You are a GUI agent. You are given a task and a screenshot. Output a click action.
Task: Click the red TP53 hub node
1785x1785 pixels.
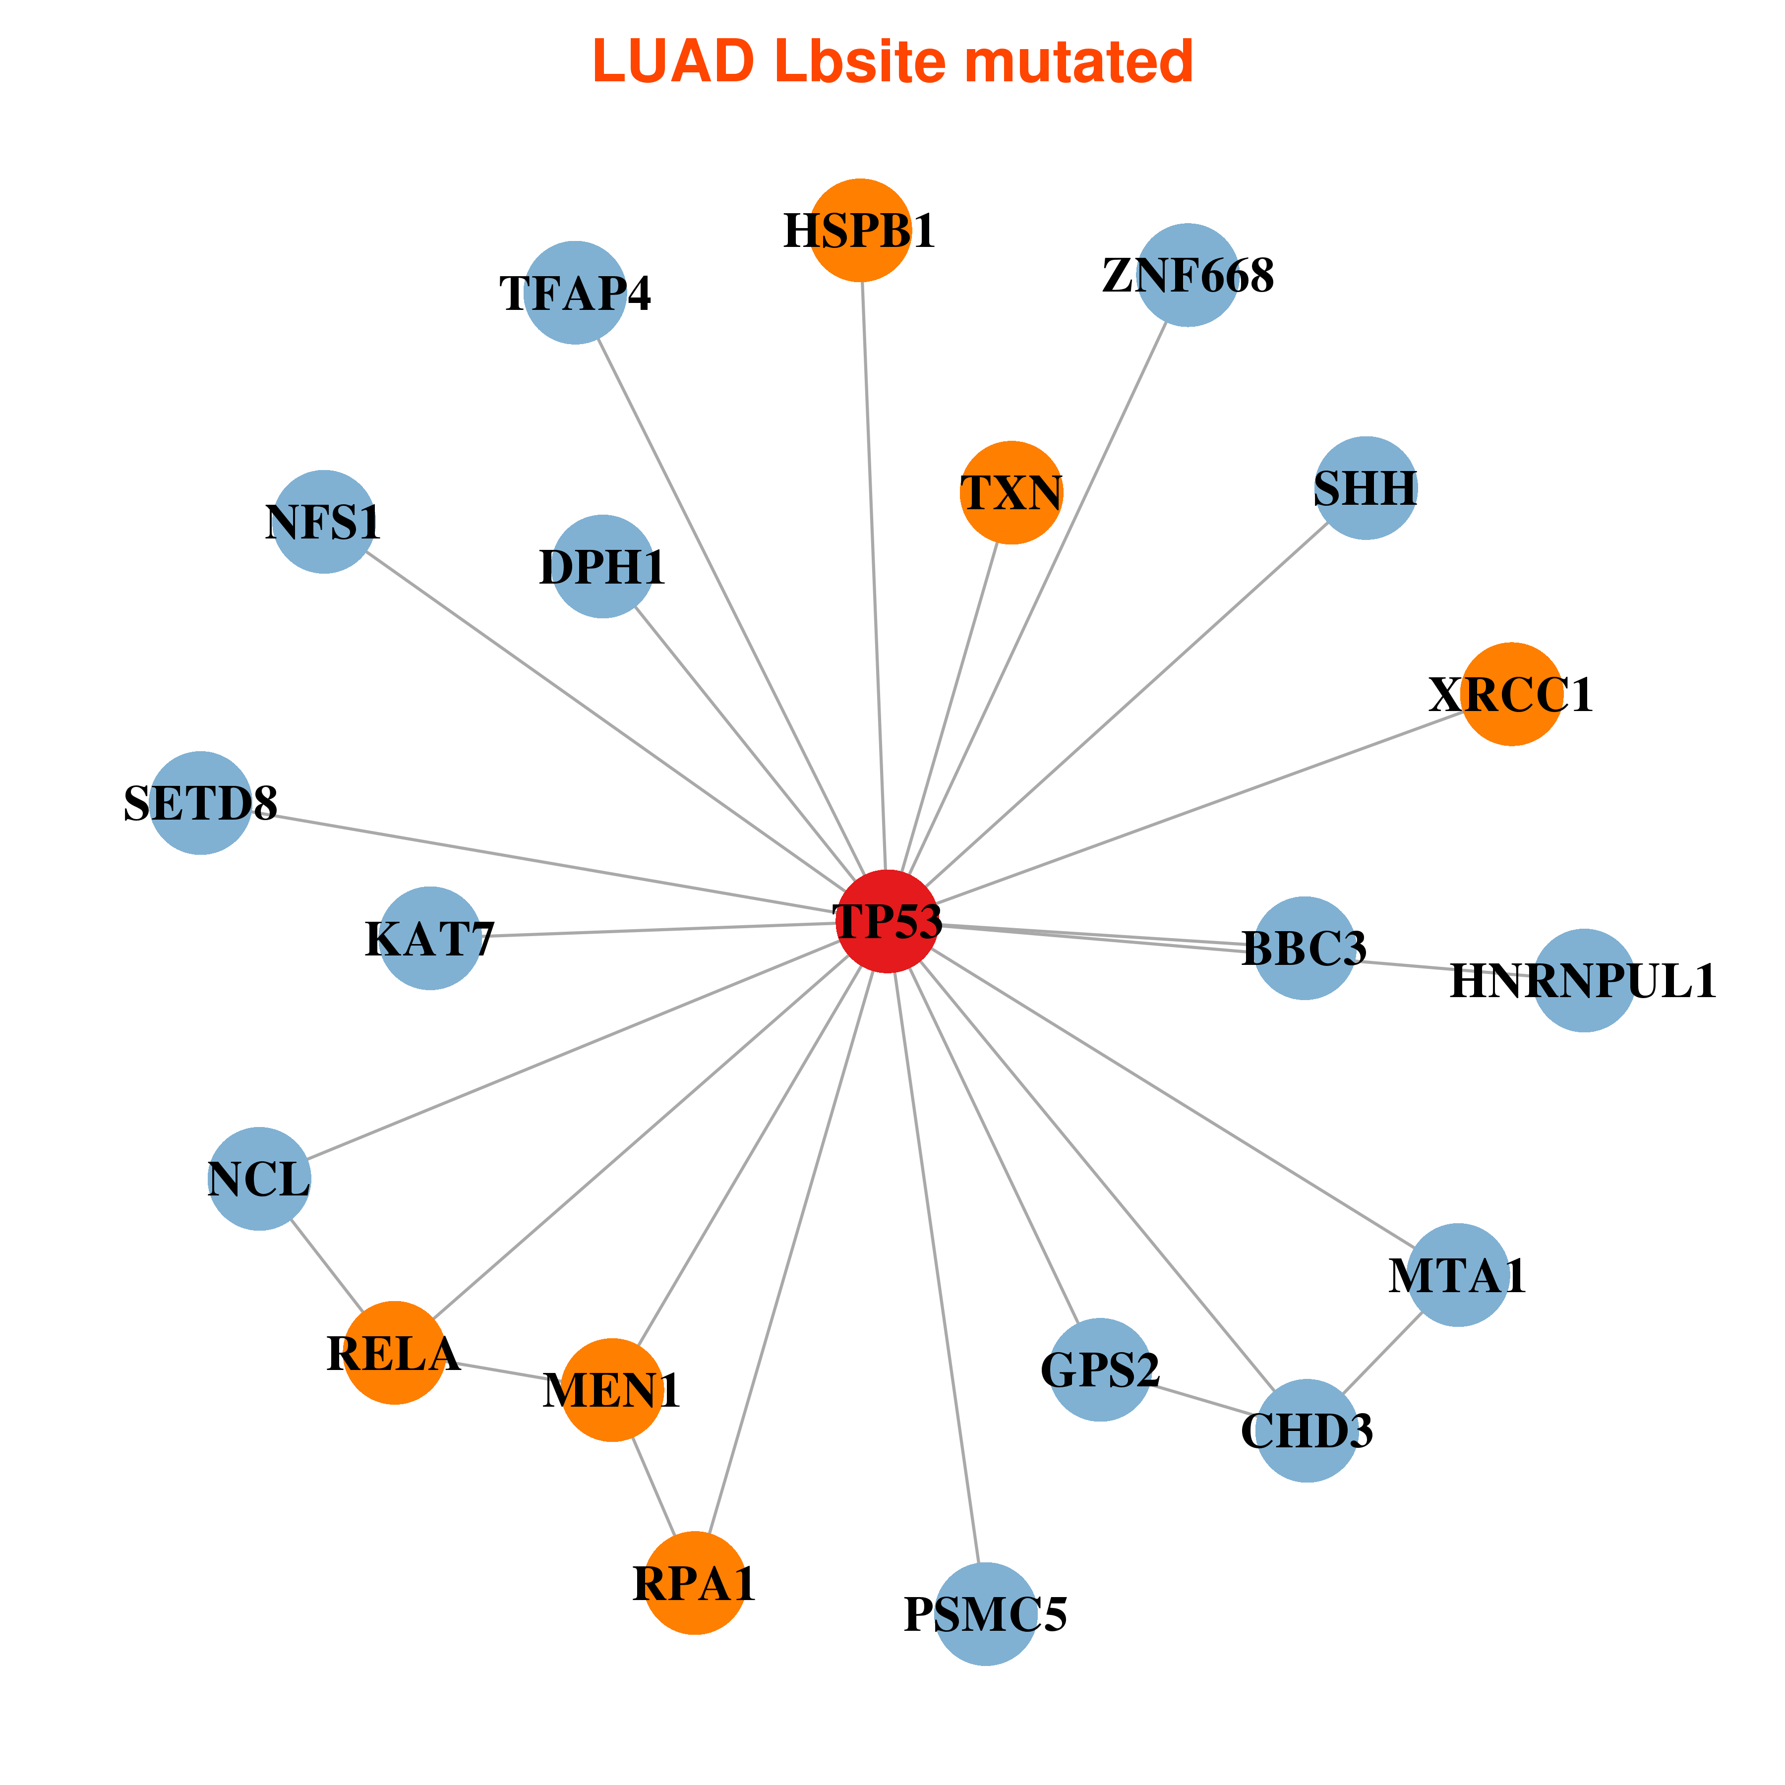[887, 921]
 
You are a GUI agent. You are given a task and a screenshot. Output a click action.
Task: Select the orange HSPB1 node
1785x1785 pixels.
[860, 230]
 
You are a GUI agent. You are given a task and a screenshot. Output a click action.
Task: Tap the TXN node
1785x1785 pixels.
[1011, 492]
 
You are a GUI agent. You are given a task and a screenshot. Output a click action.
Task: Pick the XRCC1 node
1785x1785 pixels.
[1511, 694]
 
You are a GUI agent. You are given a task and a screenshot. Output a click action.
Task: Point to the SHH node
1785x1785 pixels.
[1366, 488]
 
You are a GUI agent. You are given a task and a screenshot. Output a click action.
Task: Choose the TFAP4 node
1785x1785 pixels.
[575, 293]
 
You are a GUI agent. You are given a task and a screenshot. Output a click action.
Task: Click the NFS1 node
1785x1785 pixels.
[323, 522]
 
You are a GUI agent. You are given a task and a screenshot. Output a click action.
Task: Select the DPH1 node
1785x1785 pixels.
[602, 566]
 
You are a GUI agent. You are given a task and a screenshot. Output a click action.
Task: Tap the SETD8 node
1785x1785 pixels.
[200, 803]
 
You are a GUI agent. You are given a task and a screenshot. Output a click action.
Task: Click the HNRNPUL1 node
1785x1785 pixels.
[1584, 980]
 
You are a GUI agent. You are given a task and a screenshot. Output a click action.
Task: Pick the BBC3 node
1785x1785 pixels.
[1304, 948]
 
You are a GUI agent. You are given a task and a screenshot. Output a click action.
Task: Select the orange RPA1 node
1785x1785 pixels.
[695, 1583]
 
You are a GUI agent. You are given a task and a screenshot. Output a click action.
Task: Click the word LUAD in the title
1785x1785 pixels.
[673, 63]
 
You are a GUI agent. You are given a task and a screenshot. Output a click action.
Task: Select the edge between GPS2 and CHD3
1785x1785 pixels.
[1204, 1400]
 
